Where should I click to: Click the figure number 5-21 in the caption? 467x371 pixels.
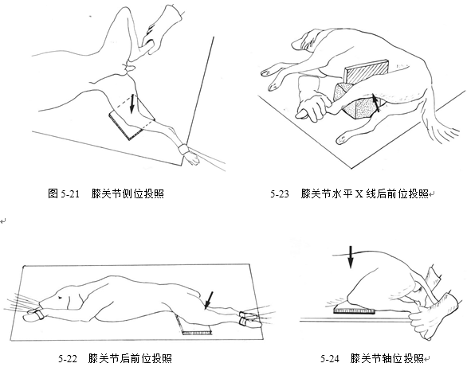70,194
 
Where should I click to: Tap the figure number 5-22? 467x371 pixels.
68,358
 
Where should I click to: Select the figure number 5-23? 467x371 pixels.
280,194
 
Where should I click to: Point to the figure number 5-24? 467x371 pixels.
330,358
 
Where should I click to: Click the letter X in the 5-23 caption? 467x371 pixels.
359,194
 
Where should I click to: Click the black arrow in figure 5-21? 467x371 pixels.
131,104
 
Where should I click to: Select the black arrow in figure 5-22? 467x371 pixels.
209,300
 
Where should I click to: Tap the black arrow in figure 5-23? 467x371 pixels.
376,103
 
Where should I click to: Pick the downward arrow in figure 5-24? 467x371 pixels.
351,257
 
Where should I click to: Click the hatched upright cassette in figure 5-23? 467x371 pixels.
367,72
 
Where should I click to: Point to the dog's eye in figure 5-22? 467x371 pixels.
61,297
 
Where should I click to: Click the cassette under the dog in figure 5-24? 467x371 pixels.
354,310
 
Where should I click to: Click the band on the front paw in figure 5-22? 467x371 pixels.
38,314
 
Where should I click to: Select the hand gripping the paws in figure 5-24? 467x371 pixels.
429,316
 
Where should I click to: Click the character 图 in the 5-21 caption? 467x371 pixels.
53,194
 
